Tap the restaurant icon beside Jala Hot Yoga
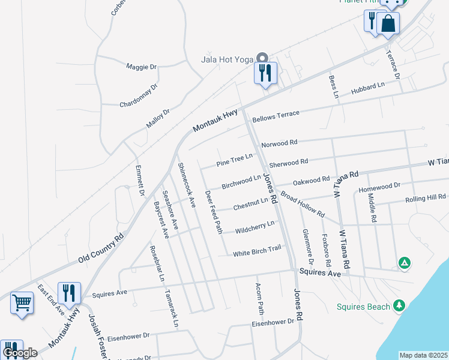coord(265,73)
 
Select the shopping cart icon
coord(22,302)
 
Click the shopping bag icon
coord(388,24)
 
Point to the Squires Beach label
coord(362,307)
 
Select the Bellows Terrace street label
coord(276,116)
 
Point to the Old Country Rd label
coord(101,248)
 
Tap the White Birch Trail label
coord(257,251)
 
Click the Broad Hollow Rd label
coord(303,205)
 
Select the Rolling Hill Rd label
coord(425,199)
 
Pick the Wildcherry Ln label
coord(255,227)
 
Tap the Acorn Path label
coord(260,299)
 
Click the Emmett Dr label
coord(140,181)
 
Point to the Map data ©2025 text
coord(423,355)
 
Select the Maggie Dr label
coord(141,67)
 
